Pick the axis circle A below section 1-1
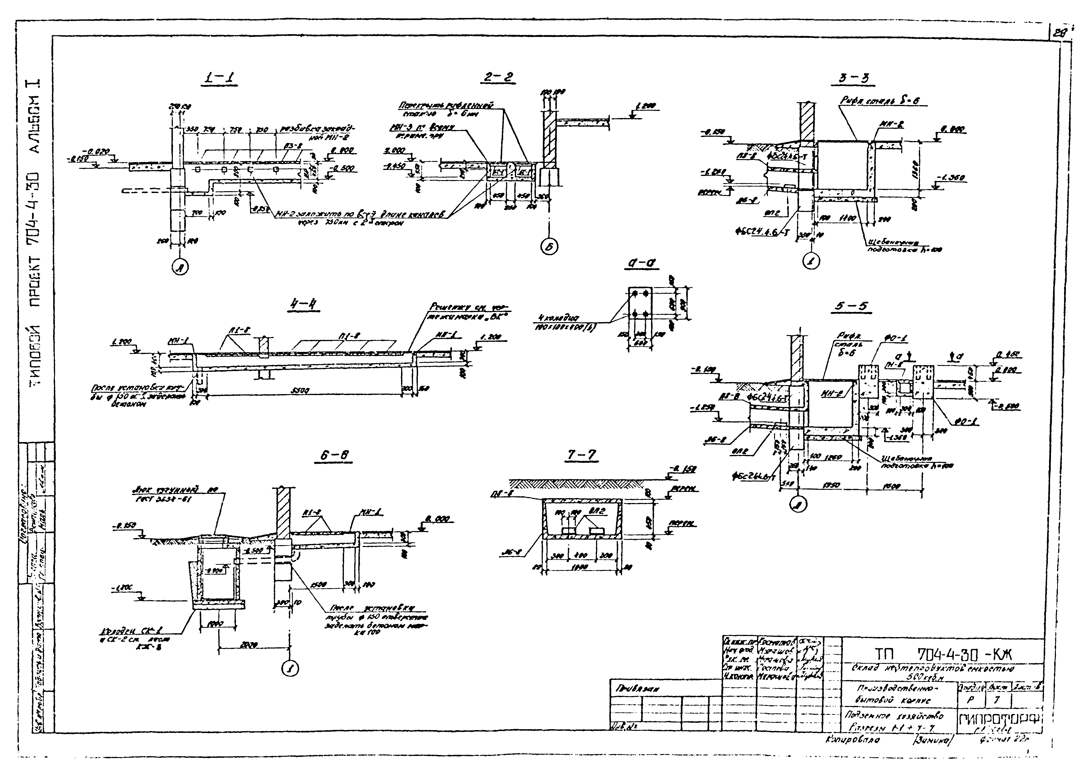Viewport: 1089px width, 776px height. pos(180,269)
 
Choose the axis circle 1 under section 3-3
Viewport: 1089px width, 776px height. pos(811,261)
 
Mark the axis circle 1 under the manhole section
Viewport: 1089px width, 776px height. pos(289,669)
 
